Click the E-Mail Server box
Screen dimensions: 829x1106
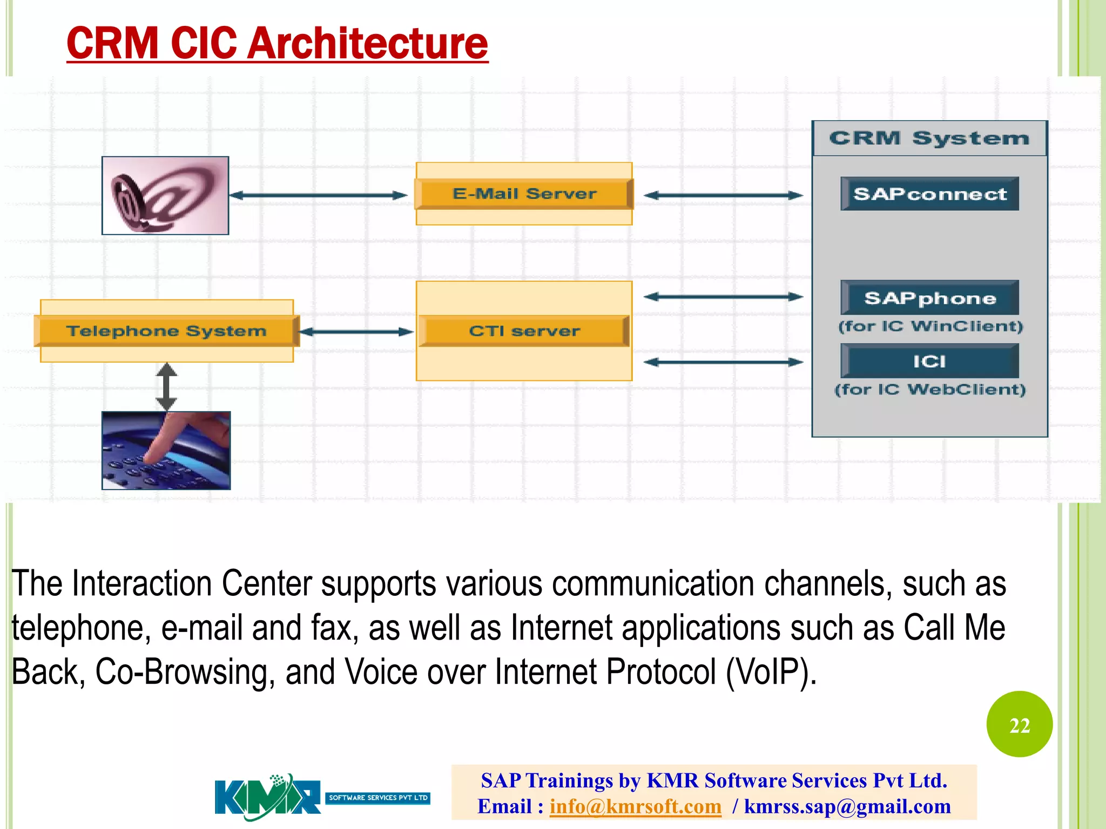click(524, 194)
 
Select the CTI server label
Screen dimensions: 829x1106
click(524, 331)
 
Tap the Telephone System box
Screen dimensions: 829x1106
click(166, 331)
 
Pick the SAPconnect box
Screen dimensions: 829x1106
click(929, 194)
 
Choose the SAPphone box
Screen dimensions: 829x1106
click(929, 298)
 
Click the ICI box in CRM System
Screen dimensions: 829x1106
click(929, 361)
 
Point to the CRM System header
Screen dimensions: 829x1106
click(929, 139)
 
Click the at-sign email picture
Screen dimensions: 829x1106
click(165, 195)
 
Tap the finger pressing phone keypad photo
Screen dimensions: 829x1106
click(166, 450)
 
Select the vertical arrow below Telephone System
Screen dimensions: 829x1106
click(166, 386)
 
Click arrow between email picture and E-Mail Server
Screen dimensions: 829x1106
click(319, 195)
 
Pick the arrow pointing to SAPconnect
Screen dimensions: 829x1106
click(723, 195)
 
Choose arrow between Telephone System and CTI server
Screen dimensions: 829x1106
click(356, 332)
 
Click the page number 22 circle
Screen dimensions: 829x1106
click(1019, 724)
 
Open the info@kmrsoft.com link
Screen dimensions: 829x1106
click(635, 806)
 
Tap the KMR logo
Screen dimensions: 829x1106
click(268, 797)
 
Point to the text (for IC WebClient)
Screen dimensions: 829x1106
click(929, 389)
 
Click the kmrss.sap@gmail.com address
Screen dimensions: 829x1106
click(847, 806)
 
